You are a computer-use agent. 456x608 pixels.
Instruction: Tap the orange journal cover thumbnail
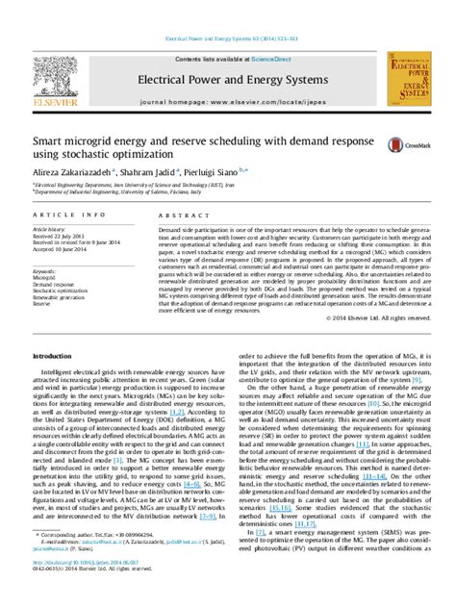pos(409,81)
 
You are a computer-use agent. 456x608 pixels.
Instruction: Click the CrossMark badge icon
pos(395,144)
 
